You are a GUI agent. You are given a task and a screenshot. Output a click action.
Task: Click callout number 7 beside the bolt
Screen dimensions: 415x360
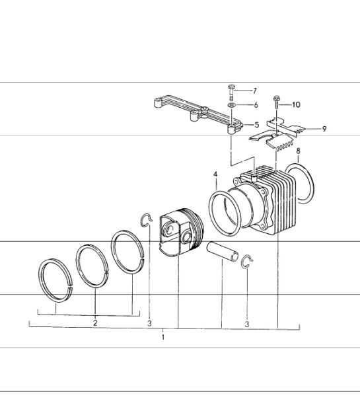(x=254, y=91)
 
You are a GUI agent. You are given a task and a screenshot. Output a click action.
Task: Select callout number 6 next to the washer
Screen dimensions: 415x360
(x=255, y=105)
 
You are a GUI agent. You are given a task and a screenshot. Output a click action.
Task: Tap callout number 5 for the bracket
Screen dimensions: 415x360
(x=256, y=124)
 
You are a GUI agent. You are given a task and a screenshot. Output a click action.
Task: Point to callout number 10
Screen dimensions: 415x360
(x=296, y=104)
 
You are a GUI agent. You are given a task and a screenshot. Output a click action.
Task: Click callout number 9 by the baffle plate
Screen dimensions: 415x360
(x=324, y=129)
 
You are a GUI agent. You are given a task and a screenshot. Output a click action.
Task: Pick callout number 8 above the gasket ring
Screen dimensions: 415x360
(x=299, y=151)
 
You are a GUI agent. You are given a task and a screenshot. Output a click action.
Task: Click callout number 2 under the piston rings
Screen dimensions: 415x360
(x=95, y=323)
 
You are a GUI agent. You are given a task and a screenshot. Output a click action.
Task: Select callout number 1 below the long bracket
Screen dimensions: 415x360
(x=163, y=337)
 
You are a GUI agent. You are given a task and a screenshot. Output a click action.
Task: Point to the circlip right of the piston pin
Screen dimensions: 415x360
(x=246, y=261)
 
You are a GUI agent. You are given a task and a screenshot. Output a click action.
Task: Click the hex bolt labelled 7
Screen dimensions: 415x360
(x=231, y=90)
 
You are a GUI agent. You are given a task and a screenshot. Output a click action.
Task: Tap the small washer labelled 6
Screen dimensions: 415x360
(x=232, y=105)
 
